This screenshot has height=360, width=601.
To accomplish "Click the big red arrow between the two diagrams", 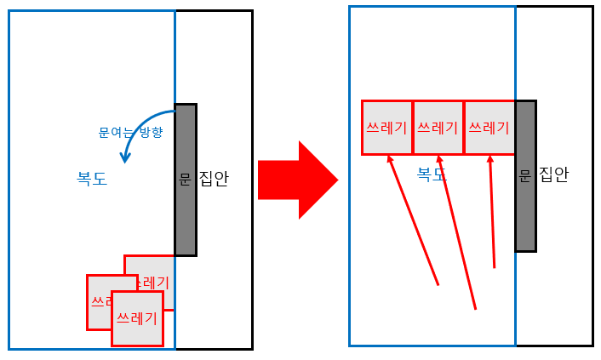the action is [x=298, y=180].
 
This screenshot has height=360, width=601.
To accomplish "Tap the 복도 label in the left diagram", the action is [x=92, y=180].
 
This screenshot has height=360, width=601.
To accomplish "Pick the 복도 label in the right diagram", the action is [x=432, y=174].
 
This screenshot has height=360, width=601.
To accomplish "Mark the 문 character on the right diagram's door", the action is [x=524, y=175].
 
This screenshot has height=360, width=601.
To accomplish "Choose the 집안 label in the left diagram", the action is [x=214, y=180].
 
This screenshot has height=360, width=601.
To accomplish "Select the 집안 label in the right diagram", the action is [x=554, y=175].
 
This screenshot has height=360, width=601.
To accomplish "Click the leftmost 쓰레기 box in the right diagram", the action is [x=386, y=128].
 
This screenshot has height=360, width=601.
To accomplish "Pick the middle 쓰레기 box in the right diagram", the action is [x=438, y=128].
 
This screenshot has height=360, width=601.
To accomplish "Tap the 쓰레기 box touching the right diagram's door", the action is [x=489, y=128].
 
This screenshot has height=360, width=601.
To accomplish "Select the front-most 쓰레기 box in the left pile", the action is [x=137, y=318].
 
